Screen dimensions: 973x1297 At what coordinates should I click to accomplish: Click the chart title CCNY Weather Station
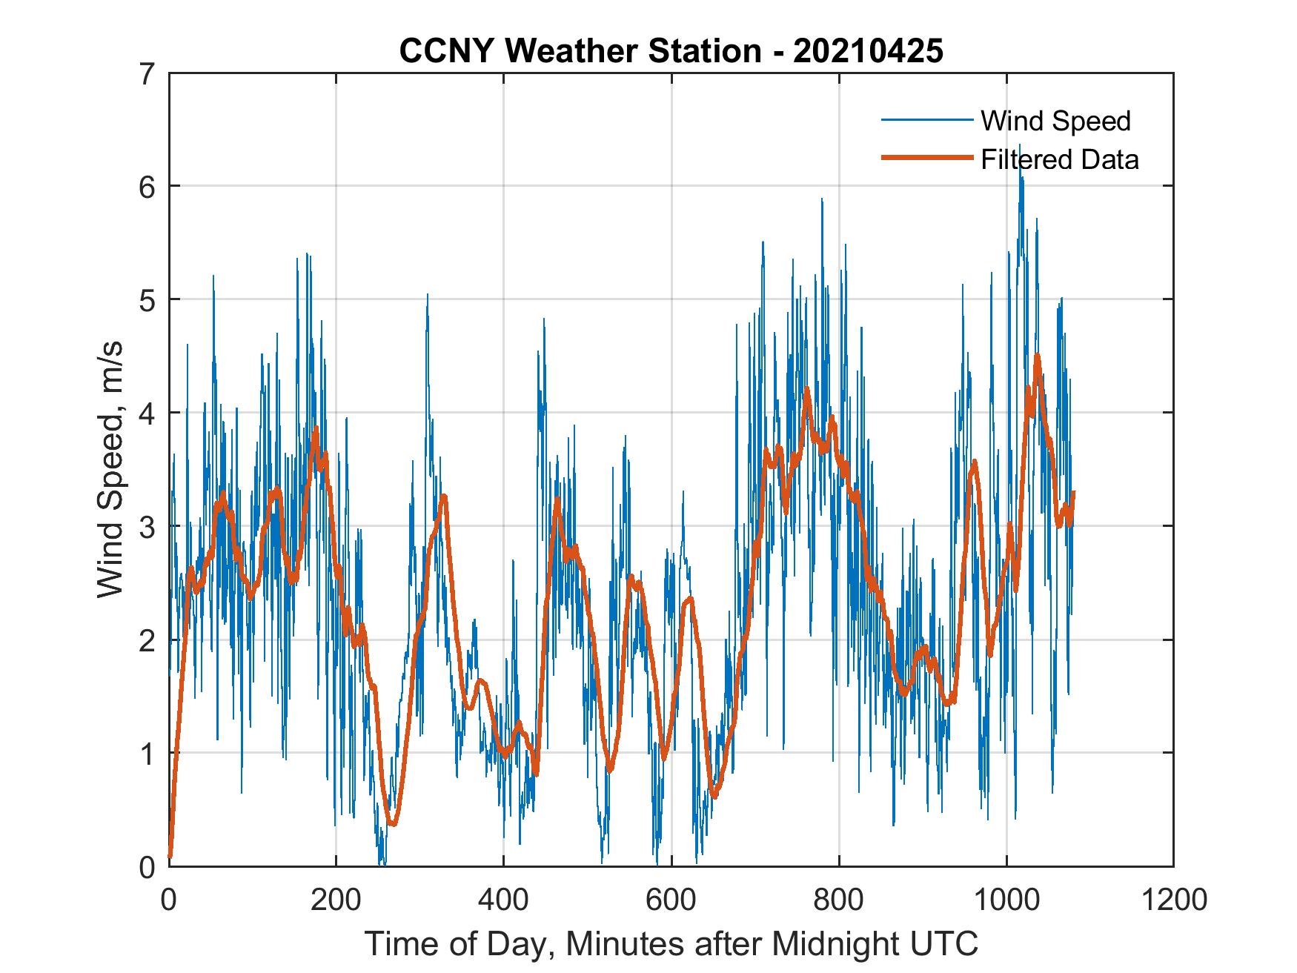[671, 50]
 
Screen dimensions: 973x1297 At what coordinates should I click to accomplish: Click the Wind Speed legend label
[1055, 121]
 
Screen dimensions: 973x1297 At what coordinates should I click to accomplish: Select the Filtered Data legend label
[1059, 159]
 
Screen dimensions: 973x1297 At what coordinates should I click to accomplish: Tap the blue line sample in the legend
[926, 120]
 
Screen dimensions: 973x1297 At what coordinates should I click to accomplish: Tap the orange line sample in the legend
[926, 158]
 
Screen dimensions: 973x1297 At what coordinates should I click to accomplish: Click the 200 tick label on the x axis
[336, 900]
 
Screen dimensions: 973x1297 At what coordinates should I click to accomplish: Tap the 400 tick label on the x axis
[503, 900]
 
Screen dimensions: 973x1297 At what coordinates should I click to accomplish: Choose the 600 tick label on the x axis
[671, 900]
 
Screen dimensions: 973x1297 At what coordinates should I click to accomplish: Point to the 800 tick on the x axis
[839, 900]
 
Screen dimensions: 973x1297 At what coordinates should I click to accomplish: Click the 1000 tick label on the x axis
[1006, 900]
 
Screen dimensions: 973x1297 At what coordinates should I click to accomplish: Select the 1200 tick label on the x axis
[1173, 900]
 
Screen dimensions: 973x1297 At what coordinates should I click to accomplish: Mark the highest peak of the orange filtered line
[1037, 356]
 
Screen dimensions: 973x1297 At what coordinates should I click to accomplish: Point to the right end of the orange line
[1072, 492]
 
